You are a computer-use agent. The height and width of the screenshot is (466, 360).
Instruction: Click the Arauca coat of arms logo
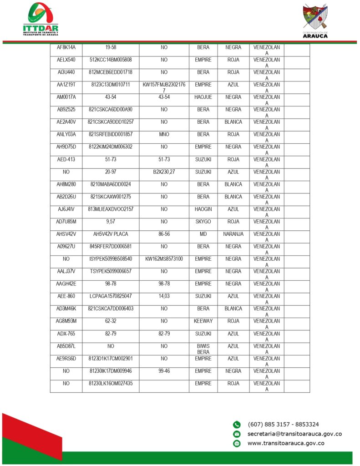tap(315, 20)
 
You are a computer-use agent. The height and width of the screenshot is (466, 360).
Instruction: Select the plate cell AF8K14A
tap(66, 47)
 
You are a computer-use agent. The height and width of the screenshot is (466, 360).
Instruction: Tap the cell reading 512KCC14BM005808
tap(111, 60)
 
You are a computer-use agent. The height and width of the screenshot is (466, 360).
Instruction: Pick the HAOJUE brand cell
tap(203, 97)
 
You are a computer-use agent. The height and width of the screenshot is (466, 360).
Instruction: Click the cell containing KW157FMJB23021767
tap(164, 87)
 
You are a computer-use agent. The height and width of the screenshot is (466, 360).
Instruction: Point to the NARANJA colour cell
tap(233, 234)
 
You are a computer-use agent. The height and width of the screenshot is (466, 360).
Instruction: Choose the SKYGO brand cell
tap(203, 222)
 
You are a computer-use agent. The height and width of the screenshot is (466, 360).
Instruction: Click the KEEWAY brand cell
tap(203, 321)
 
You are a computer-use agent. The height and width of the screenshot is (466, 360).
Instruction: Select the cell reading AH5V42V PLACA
tap(111, 234)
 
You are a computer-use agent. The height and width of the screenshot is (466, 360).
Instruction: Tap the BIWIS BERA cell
tap(203, 349)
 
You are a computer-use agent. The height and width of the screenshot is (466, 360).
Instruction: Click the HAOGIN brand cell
tap(203, 209)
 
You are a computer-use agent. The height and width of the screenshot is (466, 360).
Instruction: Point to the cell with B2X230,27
tap(164, 172)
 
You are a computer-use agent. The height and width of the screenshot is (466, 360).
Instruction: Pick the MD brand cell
tap(203, 234)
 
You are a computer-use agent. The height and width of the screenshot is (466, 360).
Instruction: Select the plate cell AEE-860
tap(66, 296)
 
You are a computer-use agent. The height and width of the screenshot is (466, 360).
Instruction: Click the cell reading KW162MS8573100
tap(164, 259)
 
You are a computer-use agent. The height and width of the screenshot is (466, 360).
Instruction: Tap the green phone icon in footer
tap(237, 425)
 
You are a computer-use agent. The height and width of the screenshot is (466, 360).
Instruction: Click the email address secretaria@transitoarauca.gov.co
tap(294, 434)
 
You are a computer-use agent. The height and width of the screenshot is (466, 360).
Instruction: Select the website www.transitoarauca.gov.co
tap(286, 443)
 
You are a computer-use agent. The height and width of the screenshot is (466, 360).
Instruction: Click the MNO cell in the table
tap(164, 134)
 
